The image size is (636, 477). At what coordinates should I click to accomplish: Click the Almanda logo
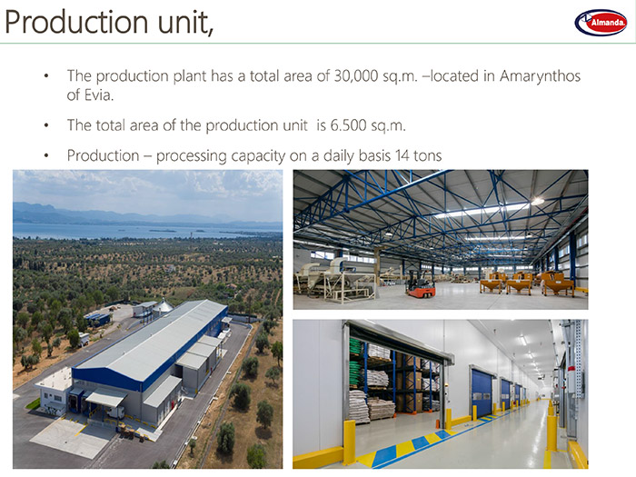pyautogui.click(x=601, y=23)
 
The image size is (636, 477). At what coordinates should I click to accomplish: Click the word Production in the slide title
pyautogui.click(x=76, y=22)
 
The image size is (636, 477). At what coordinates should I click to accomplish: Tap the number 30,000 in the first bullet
pyautogui.click(x=356, y=75)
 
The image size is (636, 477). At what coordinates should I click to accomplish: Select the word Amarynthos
pyautogui.click(x=540, y=76)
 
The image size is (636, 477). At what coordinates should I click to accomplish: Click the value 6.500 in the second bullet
pyautogui.click(x=348, y=125)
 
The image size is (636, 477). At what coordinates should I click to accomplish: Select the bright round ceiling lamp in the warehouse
pyautogui.click(x=538, y=201)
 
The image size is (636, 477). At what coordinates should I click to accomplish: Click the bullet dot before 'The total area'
pyautogui.click(x=46, y=125)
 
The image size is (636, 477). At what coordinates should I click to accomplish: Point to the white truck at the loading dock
pyautogui.click(x=115, y=412)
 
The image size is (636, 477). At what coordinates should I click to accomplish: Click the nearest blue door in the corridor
pyautogui.click(x=482, y=393)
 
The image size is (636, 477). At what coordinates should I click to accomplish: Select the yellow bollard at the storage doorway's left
pyautogui.click(x=349, y=442)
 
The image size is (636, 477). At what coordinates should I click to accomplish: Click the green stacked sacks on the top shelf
pyautogui.click(x=355, y=346)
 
